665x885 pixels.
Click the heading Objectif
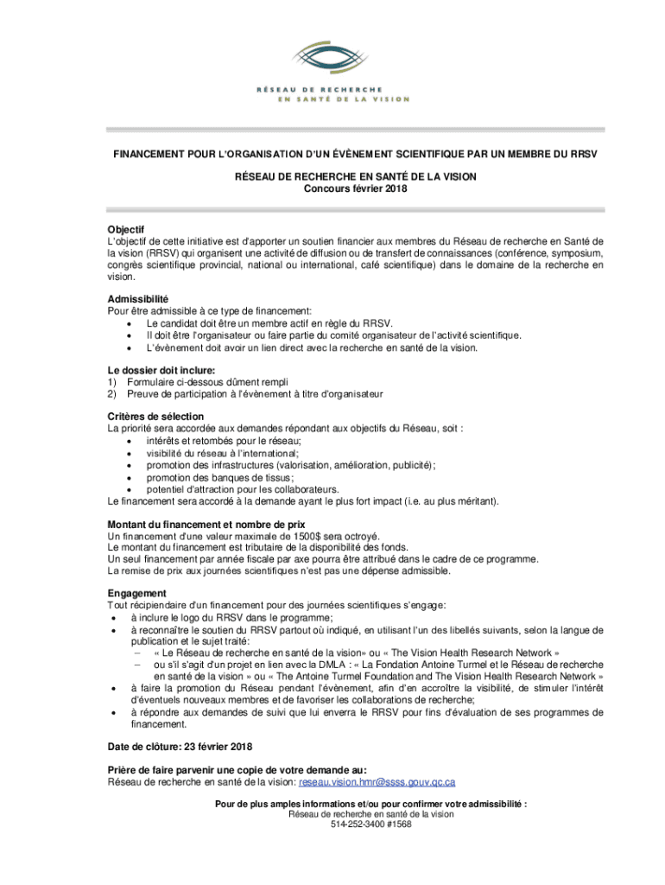[125, 228]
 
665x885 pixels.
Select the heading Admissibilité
[137, 298]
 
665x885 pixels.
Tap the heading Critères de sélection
[155, 417]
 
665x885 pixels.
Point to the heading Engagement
[136, 594]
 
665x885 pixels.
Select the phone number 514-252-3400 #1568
[370, 824]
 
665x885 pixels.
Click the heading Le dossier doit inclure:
[161, 369]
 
